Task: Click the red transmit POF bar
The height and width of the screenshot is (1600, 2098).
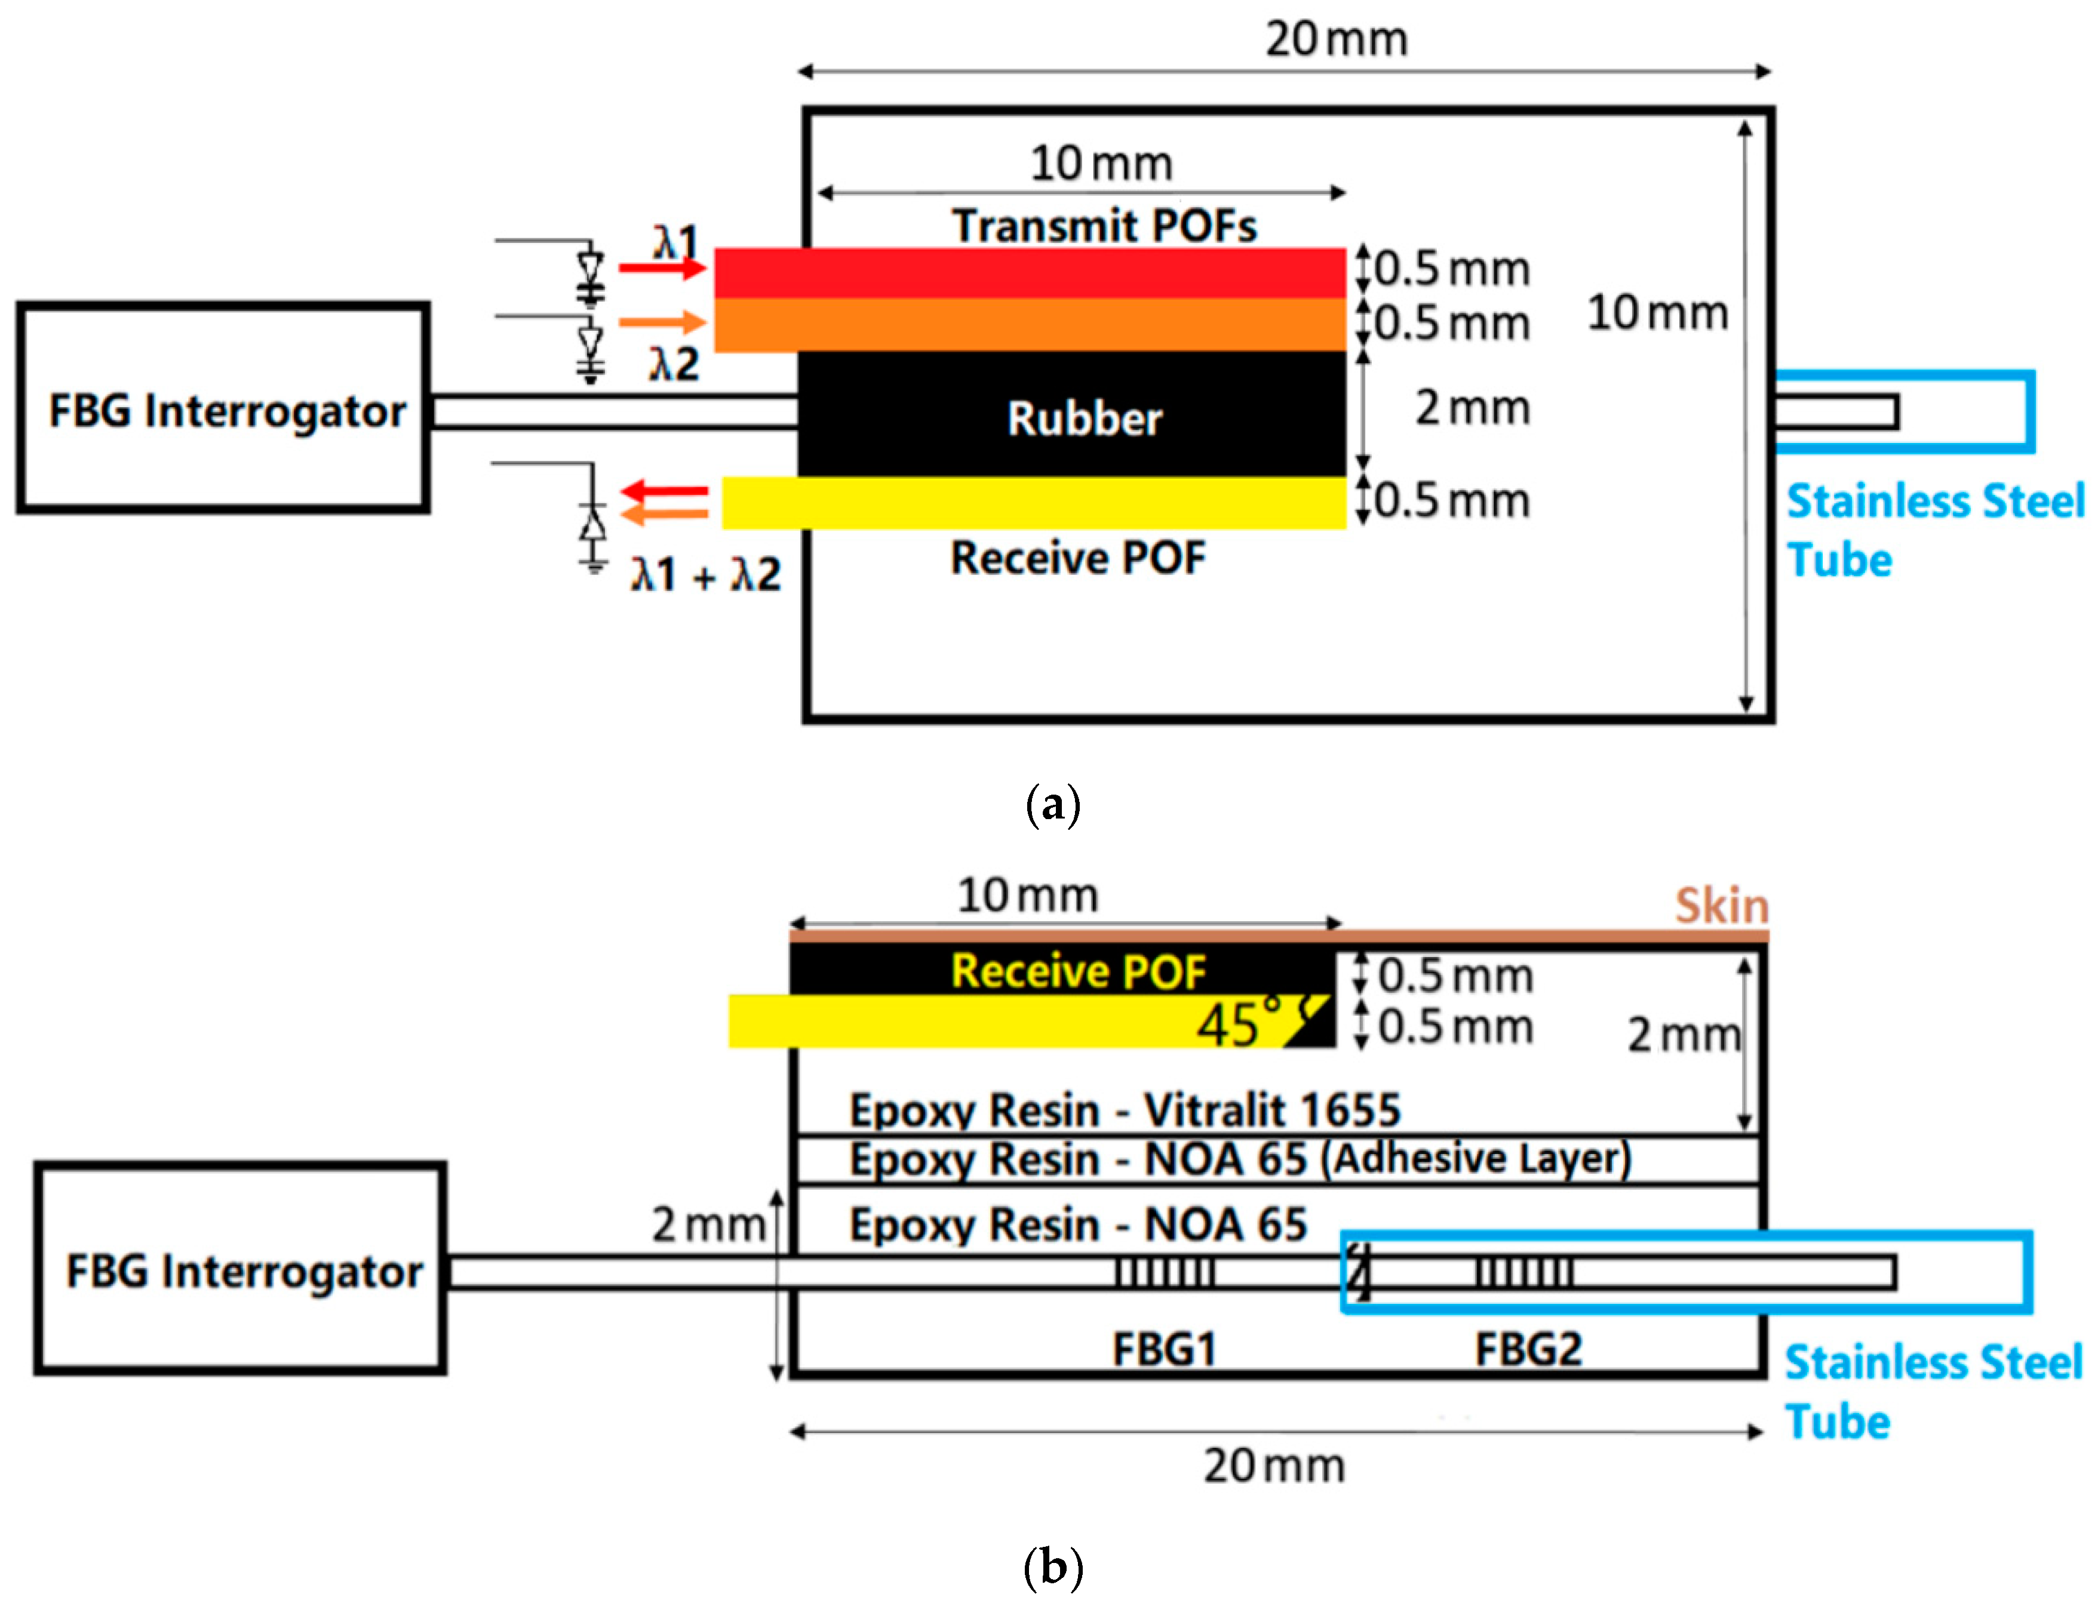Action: [x=1029, y=273]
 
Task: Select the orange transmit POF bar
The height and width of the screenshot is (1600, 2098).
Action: [x=1029, y=325]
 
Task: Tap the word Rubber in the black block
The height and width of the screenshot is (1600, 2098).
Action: [x=1085, y=419]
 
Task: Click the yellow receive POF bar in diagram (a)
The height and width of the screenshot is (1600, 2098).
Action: [x=1034, y=503]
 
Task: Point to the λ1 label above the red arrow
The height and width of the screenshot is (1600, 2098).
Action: [x=675, y=242]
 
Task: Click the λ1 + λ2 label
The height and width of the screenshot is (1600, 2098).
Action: [x=705, y=574]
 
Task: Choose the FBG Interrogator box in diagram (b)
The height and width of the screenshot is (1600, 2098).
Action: [x=240, y=1269]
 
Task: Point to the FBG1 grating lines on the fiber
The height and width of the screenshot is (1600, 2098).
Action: [x=1165, y=1272]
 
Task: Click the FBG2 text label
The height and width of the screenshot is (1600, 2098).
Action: [x=1528, y=1349]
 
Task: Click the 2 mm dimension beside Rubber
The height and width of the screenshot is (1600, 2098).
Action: [x=1472, y=408]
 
